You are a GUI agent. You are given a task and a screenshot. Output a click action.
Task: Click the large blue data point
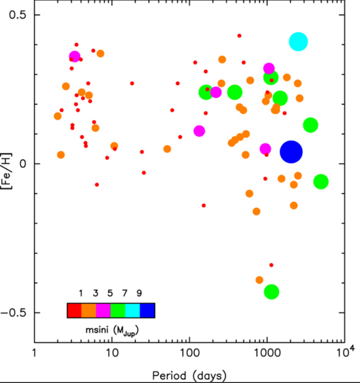click(x=291, y=152)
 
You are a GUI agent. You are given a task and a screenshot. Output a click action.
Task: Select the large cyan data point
click(x=298, y=42)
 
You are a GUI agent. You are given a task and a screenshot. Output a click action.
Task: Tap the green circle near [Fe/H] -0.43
click(x=271, y=291)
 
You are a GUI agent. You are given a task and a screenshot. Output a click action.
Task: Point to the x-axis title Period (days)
click(x=188, y=373)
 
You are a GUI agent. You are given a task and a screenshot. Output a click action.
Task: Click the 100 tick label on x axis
click(x=189, y=353)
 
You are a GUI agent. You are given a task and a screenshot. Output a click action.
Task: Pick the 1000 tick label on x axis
click(x=267, y=353)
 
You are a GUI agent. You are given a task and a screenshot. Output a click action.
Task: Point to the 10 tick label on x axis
click(x=111, y=353)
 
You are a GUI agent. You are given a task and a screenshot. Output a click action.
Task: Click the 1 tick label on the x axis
click(x=34, y=353)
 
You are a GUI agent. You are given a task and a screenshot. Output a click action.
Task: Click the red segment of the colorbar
click(x=74, y=311)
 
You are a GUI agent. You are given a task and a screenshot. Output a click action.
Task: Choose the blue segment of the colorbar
click(x=147, y=311)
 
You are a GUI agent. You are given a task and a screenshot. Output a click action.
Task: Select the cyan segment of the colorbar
click(x=133, y=311)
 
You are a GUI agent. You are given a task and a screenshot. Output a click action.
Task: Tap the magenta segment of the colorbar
click(x=104, y=311)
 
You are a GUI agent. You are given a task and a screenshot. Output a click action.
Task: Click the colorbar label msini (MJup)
click(x=111, y=327)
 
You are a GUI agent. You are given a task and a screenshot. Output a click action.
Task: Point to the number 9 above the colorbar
click(x=140, y=293)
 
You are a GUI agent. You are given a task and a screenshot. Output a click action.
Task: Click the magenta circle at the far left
click(x=75, y=57)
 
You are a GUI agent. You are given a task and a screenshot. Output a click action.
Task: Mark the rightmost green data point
click(x=321, y=181)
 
